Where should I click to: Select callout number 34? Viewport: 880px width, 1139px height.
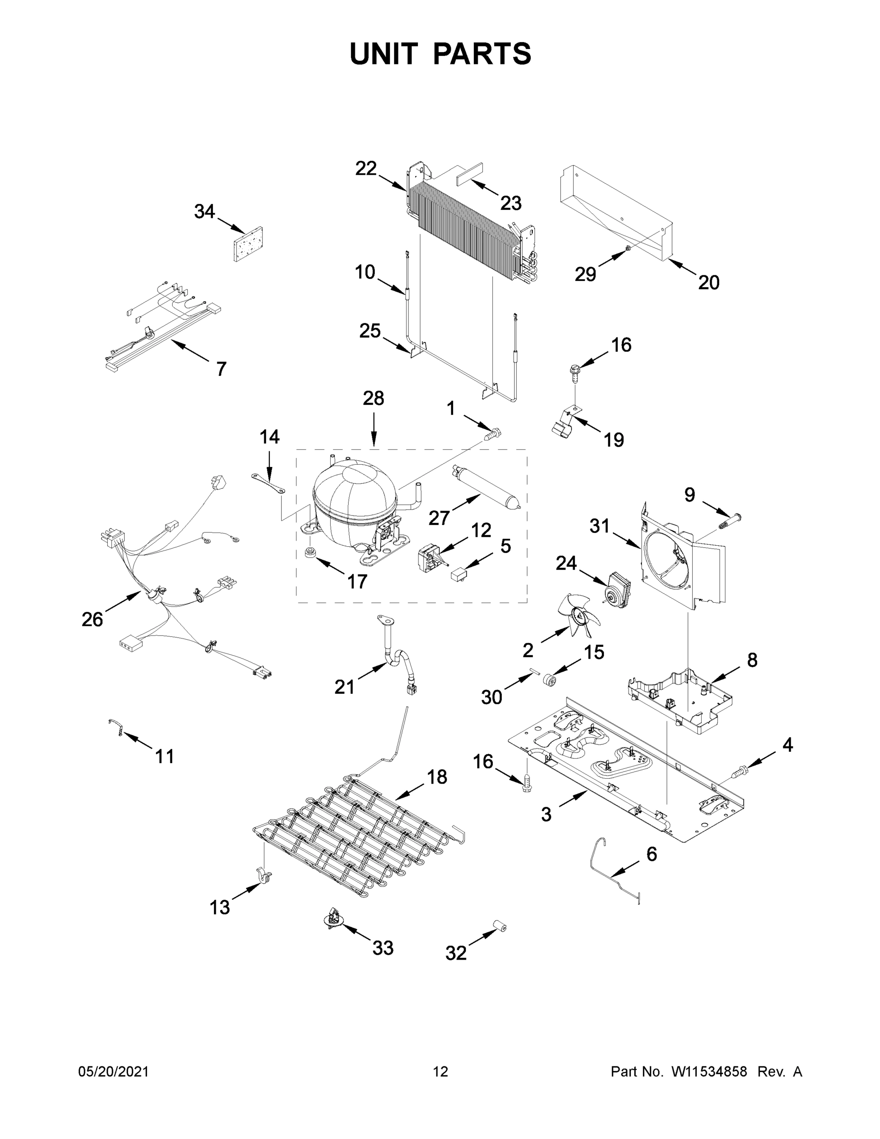pyautogui.click(x=204, y=211)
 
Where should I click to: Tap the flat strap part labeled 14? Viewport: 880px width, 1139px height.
pyautogui.click(x=269, y=482)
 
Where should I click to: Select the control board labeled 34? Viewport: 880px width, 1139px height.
pyautogui.click(x=248, y=244)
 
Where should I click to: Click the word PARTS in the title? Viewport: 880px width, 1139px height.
pyautogui.click(x=482, y=54)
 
